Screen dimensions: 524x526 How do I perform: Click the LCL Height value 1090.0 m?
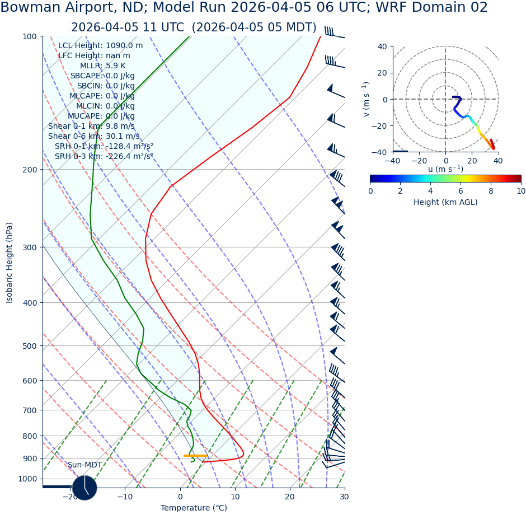click(124, 46)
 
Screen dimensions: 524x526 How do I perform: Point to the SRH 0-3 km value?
click(129, 156)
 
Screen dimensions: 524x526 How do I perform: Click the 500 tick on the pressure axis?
click(29, 346)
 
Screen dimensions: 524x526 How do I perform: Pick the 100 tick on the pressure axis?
click(29, 36)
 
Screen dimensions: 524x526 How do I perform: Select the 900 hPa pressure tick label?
click(29, 458)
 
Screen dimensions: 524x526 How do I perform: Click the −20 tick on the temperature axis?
click(70, 497)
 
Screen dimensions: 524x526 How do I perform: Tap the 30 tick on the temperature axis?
click(344, 497)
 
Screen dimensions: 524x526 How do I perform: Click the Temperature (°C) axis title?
click(194, 508)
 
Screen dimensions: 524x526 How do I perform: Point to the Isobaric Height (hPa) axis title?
click(10, 263)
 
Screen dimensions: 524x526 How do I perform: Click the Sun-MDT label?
click(85, 465)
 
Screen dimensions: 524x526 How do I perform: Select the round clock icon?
click(84, 488)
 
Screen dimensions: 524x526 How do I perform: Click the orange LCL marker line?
click(195, 456)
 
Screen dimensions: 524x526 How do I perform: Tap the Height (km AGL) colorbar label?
click(445, 202)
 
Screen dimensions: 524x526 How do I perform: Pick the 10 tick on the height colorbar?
click(521, 191)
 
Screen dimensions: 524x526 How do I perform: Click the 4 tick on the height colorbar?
click(430, 191)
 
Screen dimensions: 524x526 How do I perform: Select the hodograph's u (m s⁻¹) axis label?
click(445, 169)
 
